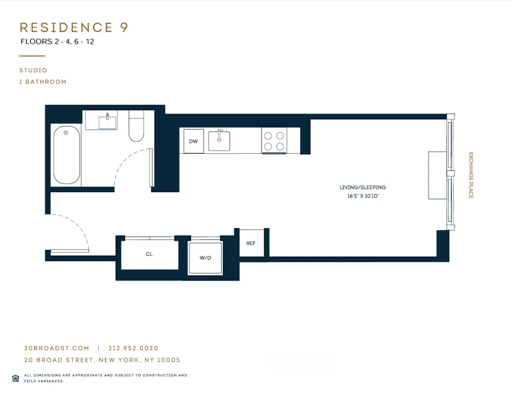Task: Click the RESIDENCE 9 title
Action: tap(74, 28)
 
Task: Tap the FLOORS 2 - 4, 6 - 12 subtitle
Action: tap(57, 42)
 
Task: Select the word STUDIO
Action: tap(33, 71)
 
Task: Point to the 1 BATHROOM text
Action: tap(43, 82)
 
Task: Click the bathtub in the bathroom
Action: tap(67, 155)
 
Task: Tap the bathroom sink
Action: tap(108, 122)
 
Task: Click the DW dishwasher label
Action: tap(193, 141)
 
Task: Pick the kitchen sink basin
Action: tap(219, 141)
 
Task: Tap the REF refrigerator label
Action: tap(251, 243)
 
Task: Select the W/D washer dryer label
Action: tap(205, 258)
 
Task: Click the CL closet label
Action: tap(149, 254)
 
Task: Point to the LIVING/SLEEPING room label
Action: tap(362, 187)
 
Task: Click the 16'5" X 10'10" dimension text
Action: tap(362, 196)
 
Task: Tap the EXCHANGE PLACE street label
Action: tap(471, 175)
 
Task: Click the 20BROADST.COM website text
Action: tap(53, 348)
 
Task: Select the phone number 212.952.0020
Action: tap(134, 348)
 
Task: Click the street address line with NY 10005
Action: tap(102, 360)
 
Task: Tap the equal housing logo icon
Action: tap(15, 378)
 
